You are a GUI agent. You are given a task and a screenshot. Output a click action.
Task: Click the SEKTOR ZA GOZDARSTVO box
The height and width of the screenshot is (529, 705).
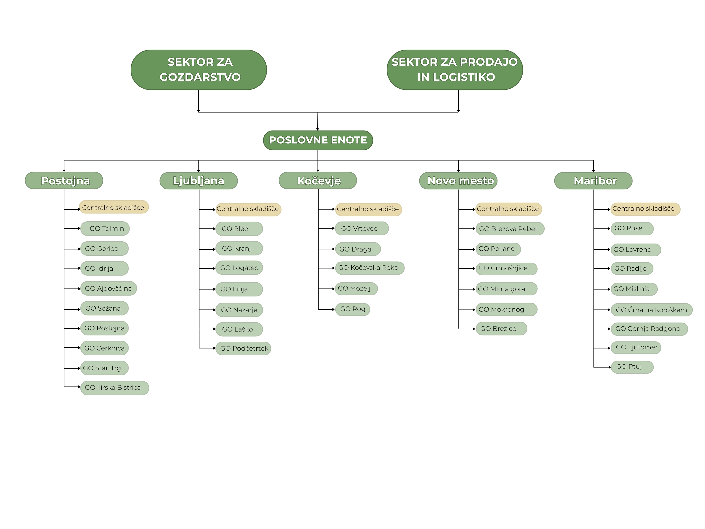click(x=199, y=69)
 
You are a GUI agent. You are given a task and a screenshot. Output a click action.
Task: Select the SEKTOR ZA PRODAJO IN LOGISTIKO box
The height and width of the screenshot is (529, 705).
click(x=455, y=69)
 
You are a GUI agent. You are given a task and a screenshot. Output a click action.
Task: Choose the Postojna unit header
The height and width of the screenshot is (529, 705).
click(x=64, y=181)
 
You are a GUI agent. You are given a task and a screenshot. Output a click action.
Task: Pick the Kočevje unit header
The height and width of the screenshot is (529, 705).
click(x=318, y=181)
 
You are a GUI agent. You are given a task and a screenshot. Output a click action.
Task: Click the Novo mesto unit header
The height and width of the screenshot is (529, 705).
click(x=458, y=181)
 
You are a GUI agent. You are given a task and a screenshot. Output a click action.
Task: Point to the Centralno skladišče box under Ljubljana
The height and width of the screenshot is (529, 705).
click(x=248, y=209)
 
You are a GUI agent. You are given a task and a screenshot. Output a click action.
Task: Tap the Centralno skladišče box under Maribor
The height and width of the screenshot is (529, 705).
click(x=645, y=209)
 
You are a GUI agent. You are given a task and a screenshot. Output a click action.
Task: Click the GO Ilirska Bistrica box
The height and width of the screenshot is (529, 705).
click(x=114, y=388)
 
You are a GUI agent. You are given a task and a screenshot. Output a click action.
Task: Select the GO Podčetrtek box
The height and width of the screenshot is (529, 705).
click(x=243, y=348)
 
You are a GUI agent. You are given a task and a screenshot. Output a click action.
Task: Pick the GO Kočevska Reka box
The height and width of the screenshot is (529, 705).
click(x=369, y=268)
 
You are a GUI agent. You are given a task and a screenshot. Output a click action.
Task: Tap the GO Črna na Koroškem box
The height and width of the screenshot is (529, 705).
click(x=651, y=310)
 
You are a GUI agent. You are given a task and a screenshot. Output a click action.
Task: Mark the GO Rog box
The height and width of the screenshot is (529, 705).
click(x=352, y=309)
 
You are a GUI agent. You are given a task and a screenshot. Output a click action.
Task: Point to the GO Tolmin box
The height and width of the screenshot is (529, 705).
click(x=105, y=228)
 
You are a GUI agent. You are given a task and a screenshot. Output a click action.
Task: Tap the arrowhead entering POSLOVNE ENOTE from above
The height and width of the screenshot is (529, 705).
click(x=317, y=129)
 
